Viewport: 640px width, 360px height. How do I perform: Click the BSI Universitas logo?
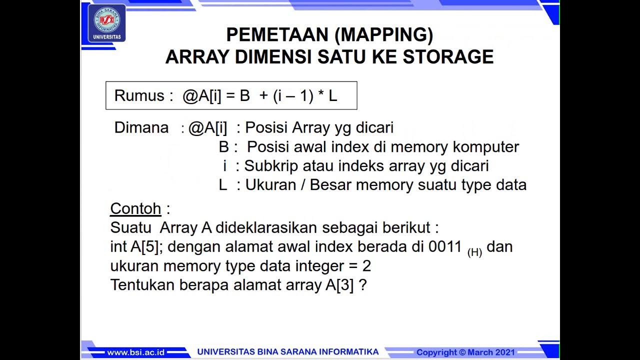106,23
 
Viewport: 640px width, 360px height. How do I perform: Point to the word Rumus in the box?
139,95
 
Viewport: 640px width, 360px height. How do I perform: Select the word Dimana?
141,127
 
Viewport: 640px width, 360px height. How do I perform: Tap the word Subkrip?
272,165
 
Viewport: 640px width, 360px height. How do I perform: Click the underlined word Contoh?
135,208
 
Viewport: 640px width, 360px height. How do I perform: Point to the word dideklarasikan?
266,227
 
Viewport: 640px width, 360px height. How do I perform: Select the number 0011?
445,246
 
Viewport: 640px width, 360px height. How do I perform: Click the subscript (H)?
474,252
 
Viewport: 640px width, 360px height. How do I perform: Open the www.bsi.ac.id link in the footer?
136,352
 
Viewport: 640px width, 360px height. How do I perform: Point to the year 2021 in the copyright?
504,352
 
